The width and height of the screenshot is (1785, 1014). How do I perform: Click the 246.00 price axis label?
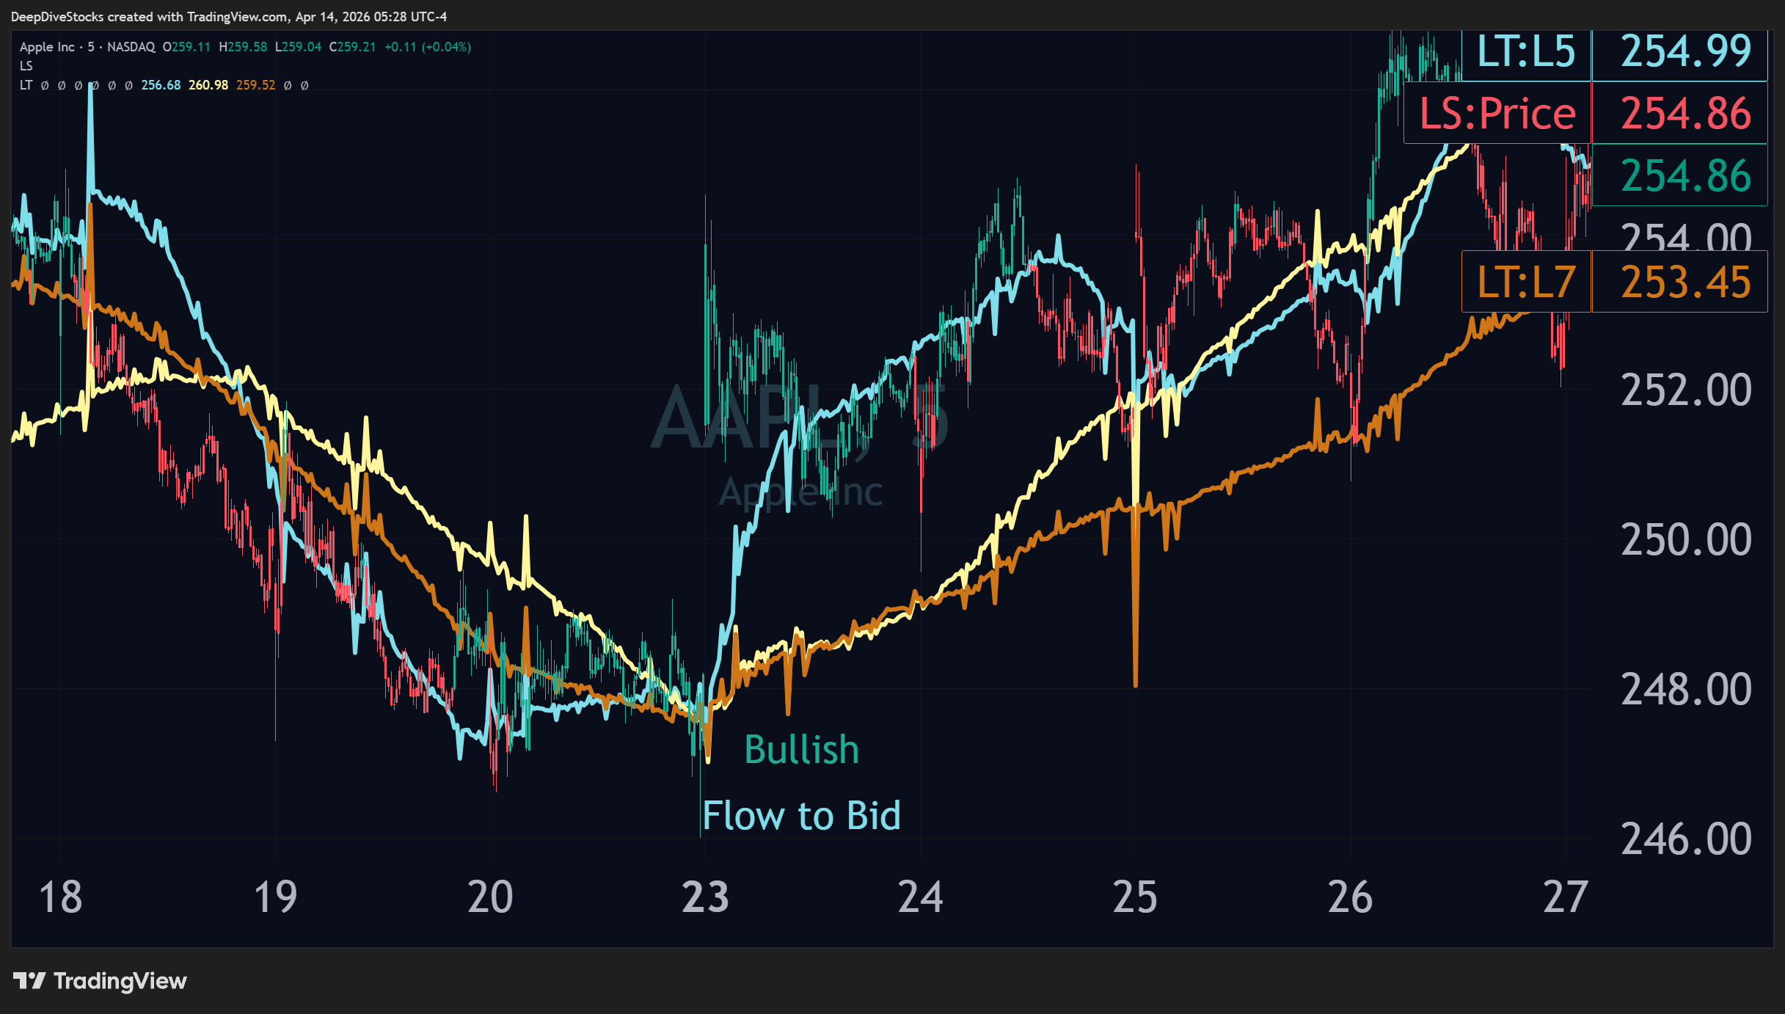click(x=1685, y=839)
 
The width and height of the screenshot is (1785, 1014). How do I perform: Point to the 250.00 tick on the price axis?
click(x=1685, y=540)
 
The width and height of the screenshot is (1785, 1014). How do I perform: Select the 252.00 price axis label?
click(x=1685, y=390)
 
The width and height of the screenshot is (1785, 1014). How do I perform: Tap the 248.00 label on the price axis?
click(x=1685, y=690)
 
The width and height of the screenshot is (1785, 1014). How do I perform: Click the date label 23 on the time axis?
click(x=705, y=897)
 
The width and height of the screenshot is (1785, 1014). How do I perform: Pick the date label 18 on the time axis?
click(x=60, y=897)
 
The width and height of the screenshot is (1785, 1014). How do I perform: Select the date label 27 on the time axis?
click(x=1565, y=897)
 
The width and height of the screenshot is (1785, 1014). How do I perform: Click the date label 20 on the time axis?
click(x=490, y=897)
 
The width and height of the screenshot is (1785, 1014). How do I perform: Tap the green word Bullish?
click(x=801, y=750)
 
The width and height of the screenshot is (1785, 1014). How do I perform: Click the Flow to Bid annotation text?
click(x=801, y=816)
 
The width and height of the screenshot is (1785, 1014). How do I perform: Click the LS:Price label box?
click(x=1497, y=114)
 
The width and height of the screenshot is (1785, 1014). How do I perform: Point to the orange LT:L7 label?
click(x=1526, y=282)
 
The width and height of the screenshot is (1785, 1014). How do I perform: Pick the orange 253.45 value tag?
click(x=1685, y=282)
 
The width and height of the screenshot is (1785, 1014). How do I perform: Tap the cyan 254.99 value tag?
click(x=1685, y=51)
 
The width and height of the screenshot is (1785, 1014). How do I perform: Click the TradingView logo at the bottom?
click(x=101, y=981)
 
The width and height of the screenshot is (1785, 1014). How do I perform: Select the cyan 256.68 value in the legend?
click(x=161, y=85)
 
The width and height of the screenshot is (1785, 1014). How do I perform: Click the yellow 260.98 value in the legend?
click(x=208, y=85)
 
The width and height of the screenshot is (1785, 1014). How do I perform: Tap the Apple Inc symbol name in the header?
click(x=47, y=47)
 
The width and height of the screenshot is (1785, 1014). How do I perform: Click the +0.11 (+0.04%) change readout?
click(x=428, y=47)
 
